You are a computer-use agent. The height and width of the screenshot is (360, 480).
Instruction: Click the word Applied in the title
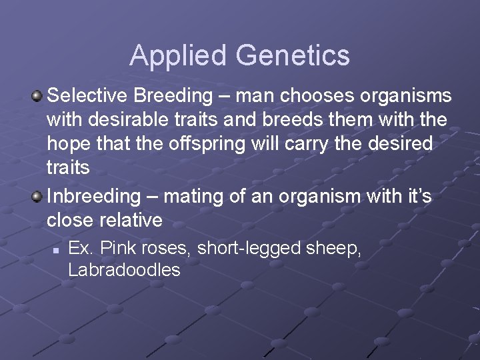click(170, 56)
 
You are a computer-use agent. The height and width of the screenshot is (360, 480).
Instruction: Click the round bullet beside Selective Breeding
click(38, 97)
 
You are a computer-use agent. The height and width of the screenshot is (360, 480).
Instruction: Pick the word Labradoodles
click(124, 269)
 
